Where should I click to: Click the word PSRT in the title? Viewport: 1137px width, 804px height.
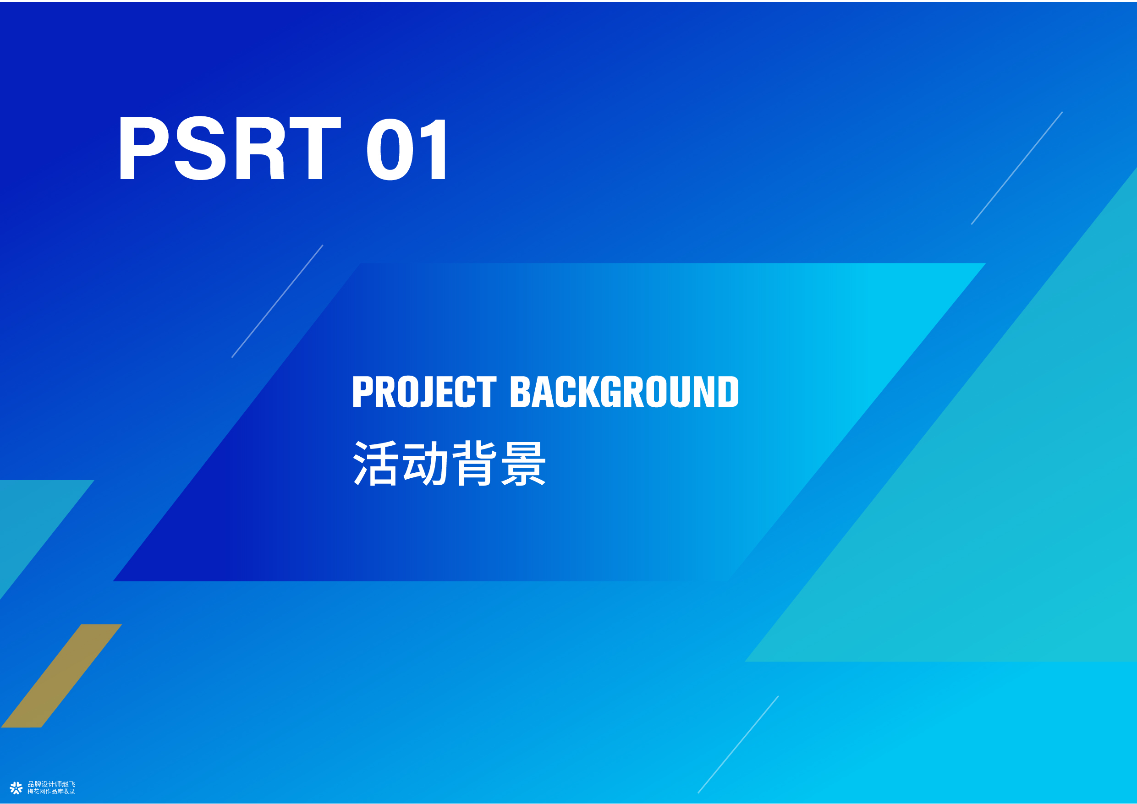tap(230, 148)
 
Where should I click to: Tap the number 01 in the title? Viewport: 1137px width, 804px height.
tap(407, 148)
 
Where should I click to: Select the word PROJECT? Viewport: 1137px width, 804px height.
tap(424, 392)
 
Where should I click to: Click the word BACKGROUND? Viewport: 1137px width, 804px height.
tap(625, 392)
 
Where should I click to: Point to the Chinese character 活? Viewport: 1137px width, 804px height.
tap(375, 463)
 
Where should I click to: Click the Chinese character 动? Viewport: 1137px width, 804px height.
tap(425, 463)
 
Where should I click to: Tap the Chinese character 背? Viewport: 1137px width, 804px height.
tap(474, 463)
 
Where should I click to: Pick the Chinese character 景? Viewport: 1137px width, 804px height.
tap(523, 463)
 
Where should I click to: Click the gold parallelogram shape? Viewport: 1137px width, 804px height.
tap(61, 676)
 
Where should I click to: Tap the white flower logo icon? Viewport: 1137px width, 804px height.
tap(16, 788)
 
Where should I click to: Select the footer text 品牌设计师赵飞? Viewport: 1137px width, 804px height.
tap(51, 784)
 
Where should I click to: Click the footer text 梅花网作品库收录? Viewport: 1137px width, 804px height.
tap(51, 792)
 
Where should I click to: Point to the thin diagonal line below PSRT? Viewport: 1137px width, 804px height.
tap(277, 301)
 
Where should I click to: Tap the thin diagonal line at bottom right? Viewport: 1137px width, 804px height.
tap(738, 744)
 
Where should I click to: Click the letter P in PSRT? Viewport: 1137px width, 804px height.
tap(144, 148)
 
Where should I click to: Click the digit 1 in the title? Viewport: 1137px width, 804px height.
tap(434, 148)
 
